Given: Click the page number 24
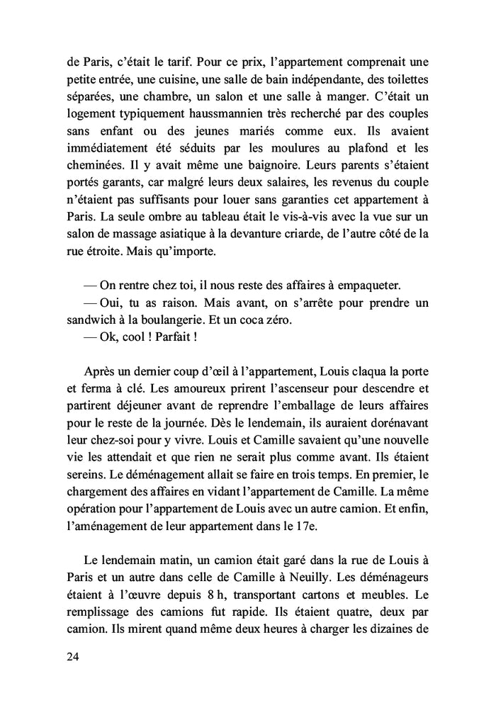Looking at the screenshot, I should pos(72,657).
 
